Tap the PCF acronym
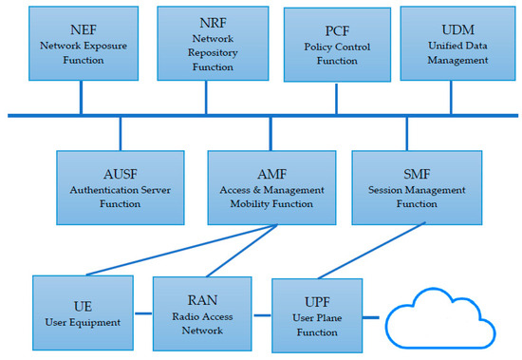point(337,29)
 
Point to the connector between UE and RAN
point(140,313)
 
